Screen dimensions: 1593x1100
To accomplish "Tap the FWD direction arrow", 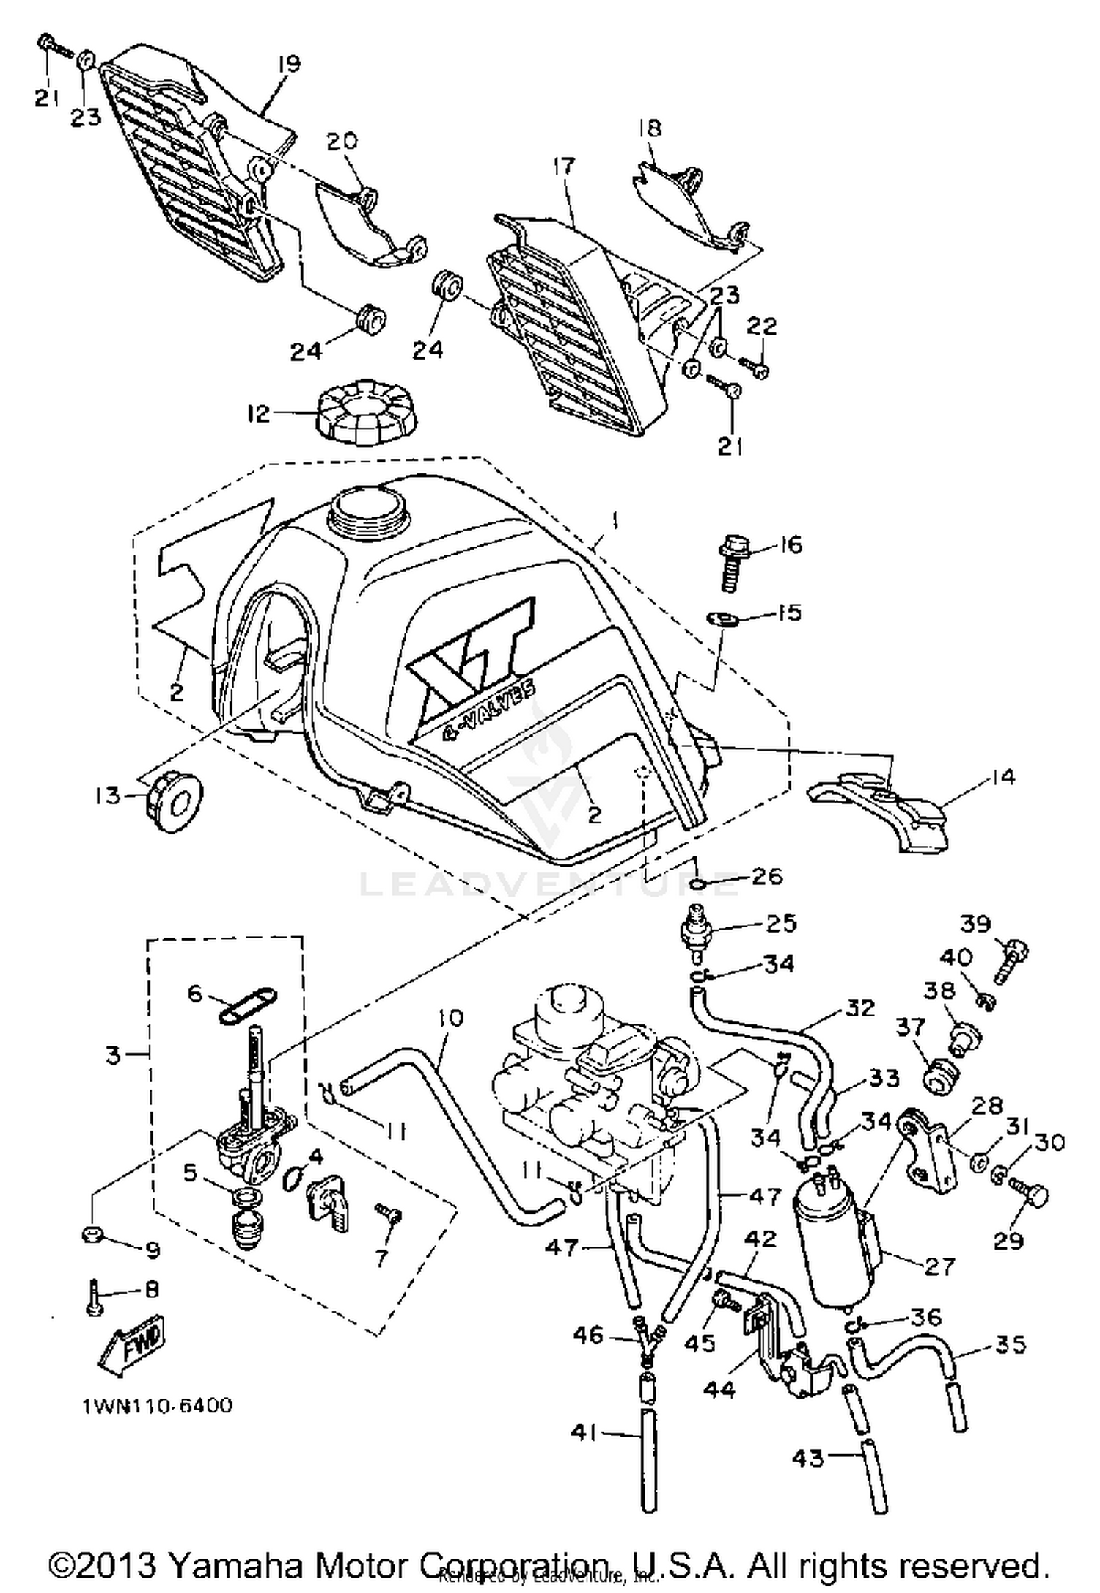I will tap(133, 1341).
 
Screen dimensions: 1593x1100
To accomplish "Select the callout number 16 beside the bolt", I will tap(788, 544).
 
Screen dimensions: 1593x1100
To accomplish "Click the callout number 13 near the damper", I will tap(108, 795).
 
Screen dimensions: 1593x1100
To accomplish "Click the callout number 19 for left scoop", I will tap(289, 64).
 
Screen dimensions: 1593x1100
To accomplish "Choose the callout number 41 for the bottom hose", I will tap(585, 1432).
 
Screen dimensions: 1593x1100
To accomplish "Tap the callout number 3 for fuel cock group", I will tap(113, 1057).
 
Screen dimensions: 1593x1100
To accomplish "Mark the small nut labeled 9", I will tap(92, 1235).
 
